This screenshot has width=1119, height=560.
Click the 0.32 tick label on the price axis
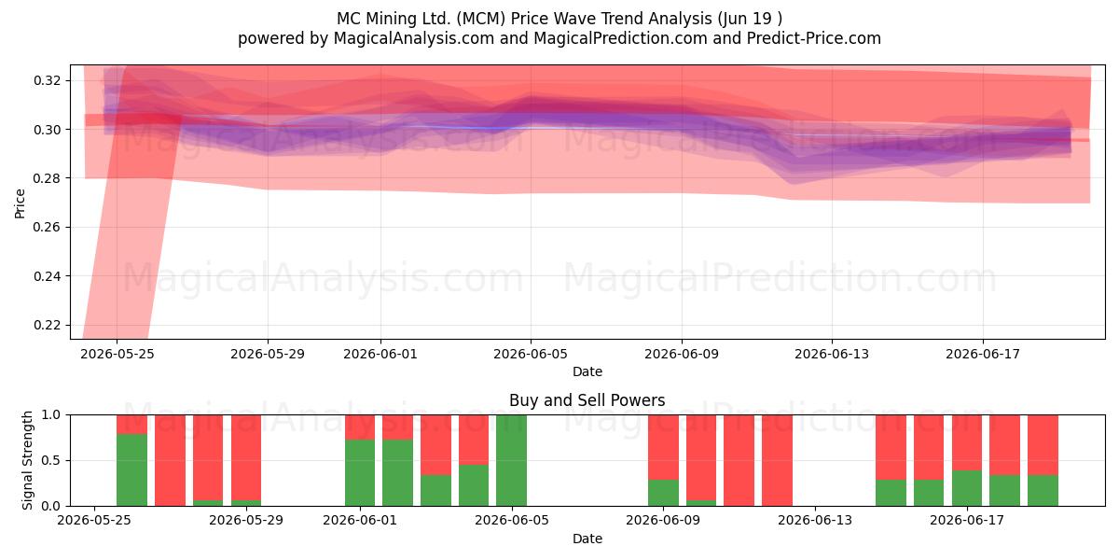tap(47, 80)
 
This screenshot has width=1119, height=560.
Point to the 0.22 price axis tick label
tap(47, 325)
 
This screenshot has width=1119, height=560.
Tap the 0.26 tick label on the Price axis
tap(47, 227)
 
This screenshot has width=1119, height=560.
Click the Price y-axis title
tap(20, 203)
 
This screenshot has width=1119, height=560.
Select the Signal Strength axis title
tap(27, 460)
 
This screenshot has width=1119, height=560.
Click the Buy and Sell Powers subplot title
tap(587, 400)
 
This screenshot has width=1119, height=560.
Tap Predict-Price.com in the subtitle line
tap(814, 38)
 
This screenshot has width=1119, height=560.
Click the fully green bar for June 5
tap(512, 460)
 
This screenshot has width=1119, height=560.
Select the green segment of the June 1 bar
tap(360, 472)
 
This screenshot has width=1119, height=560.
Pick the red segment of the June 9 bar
tap(663, 447)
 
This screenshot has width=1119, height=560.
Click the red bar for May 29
tap(246, 457)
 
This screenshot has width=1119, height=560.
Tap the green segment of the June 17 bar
tap(967, 488)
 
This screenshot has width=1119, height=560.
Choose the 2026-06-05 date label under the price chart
tap(531, 354)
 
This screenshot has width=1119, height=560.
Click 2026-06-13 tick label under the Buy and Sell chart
tap(815, 520)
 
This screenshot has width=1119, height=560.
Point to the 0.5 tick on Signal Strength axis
tap(51, 460)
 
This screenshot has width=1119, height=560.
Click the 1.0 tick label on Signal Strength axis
tap(51, 414)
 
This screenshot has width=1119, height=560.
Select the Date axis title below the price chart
tap(587, 371)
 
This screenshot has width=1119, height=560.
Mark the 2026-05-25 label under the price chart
tap(117, 354)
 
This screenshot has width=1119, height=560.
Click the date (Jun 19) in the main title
tap(750, 19)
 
